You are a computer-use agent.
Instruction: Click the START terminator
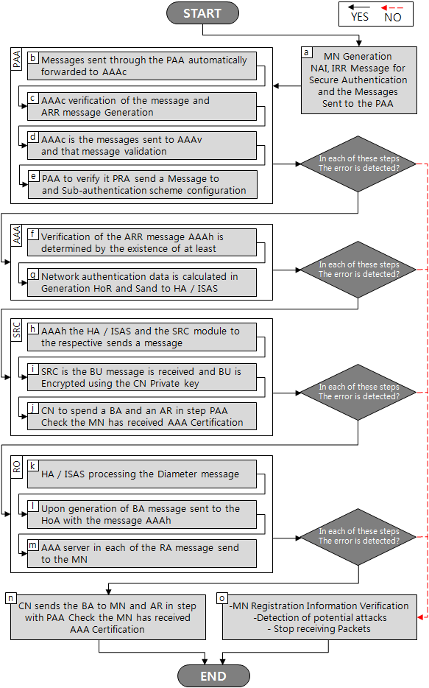click(202, 13)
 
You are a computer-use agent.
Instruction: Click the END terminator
click(213, 675)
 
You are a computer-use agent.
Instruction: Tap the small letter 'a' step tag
click(306, 52)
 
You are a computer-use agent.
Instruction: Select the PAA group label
click(17, 59)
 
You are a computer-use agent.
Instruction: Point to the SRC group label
click(17, 330)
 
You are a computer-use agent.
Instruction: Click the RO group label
click(17, 467)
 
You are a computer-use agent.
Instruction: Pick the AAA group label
click(17, 236)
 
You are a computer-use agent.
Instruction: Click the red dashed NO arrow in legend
click(392, 8)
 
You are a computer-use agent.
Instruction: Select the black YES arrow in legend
click(359, 7)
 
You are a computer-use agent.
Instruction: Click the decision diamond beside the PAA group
click(358, 164)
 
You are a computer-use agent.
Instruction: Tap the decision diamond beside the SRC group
click(358, 393)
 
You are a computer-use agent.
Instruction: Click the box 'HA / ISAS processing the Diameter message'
click(142, 474)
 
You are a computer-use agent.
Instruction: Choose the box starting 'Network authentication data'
click(142, 283)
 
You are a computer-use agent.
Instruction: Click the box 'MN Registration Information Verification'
click(319, 617)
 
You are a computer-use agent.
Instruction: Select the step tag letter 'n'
click(10, 598)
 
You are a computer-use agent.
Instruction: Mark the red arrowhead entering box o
click(419, 617)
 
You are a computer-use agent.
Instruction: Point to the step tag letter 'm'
click(33, 545)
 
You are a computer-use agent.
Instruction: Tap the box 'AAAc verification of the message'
click(142, 106)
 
